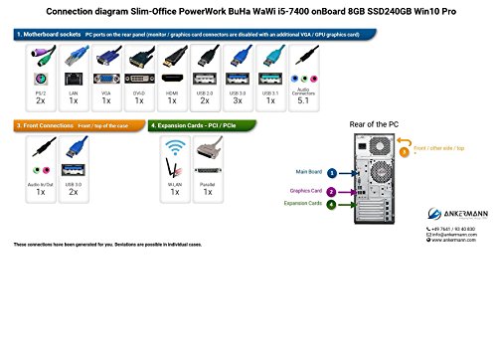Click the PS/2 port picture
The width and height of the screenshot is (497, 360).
(x=40, y=73)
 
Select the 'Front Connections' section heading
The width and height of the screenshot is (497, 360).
(x=49, y=126)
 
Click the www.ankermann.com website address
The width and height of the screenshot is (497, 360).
(x=457, y=240)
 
